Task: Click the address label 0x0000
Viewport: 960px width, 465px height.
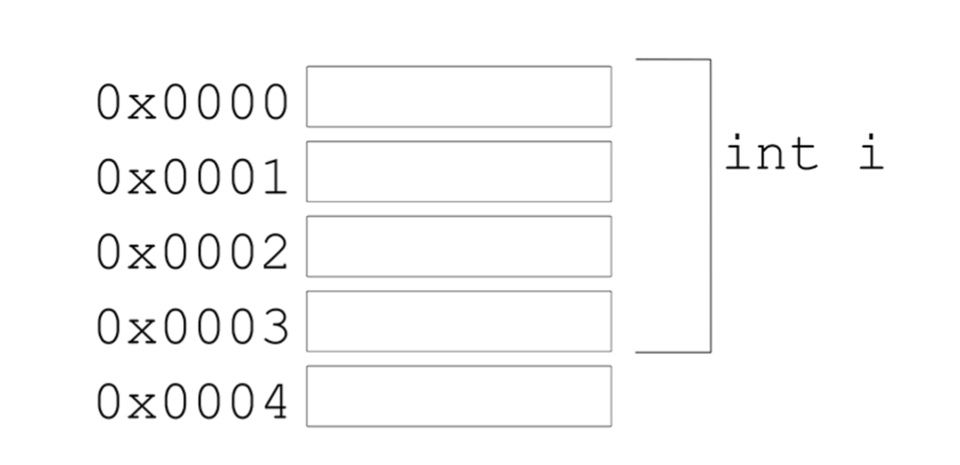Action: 192,104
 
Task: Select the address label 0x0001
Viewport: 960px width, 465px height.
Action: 192,179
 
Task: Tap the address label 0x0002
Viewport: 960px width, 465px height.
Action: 192,253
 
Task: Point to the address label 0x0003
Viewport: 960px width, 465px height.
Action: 192,328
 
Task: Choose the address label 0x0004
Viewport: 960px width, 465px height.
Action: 192,403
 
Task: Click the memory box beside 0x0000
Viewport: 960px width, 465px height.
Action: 458,97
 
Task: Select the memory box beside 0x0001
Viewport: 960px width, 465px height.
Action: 458,171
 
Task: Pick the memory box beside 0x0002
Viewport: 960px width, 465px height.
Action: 458,247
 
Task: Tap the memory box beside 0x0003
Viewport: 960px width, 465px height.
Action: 458,321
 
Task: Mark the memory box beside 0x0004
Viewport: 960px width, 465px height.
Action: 458,396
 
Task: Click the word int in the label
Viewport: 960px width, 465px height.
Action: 770,154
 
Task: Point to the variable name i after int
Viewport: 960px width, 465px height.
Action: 870,153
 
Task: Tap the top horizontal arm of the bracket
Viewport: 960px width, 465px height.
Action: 672,60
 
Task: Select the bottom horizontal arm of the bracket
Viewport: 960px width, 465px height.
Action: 672,352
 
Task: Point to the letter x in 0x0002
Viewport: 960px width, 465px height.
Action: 142,256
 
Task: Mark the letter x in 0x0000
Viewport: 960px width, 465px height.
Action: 142,108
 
